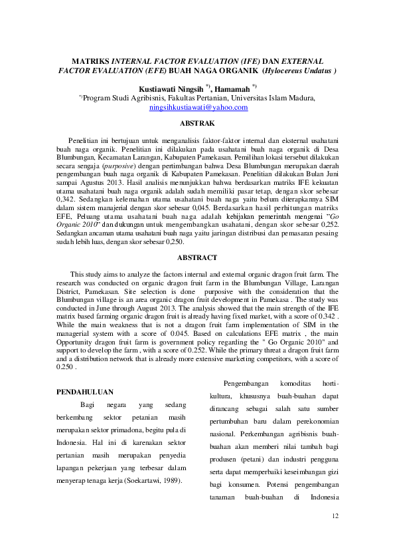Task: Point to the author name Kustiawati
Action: tap(157, 88)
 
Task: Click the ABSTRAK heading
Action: tap(197, 124)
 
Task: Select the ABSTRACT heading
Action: tap(197, 257)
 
